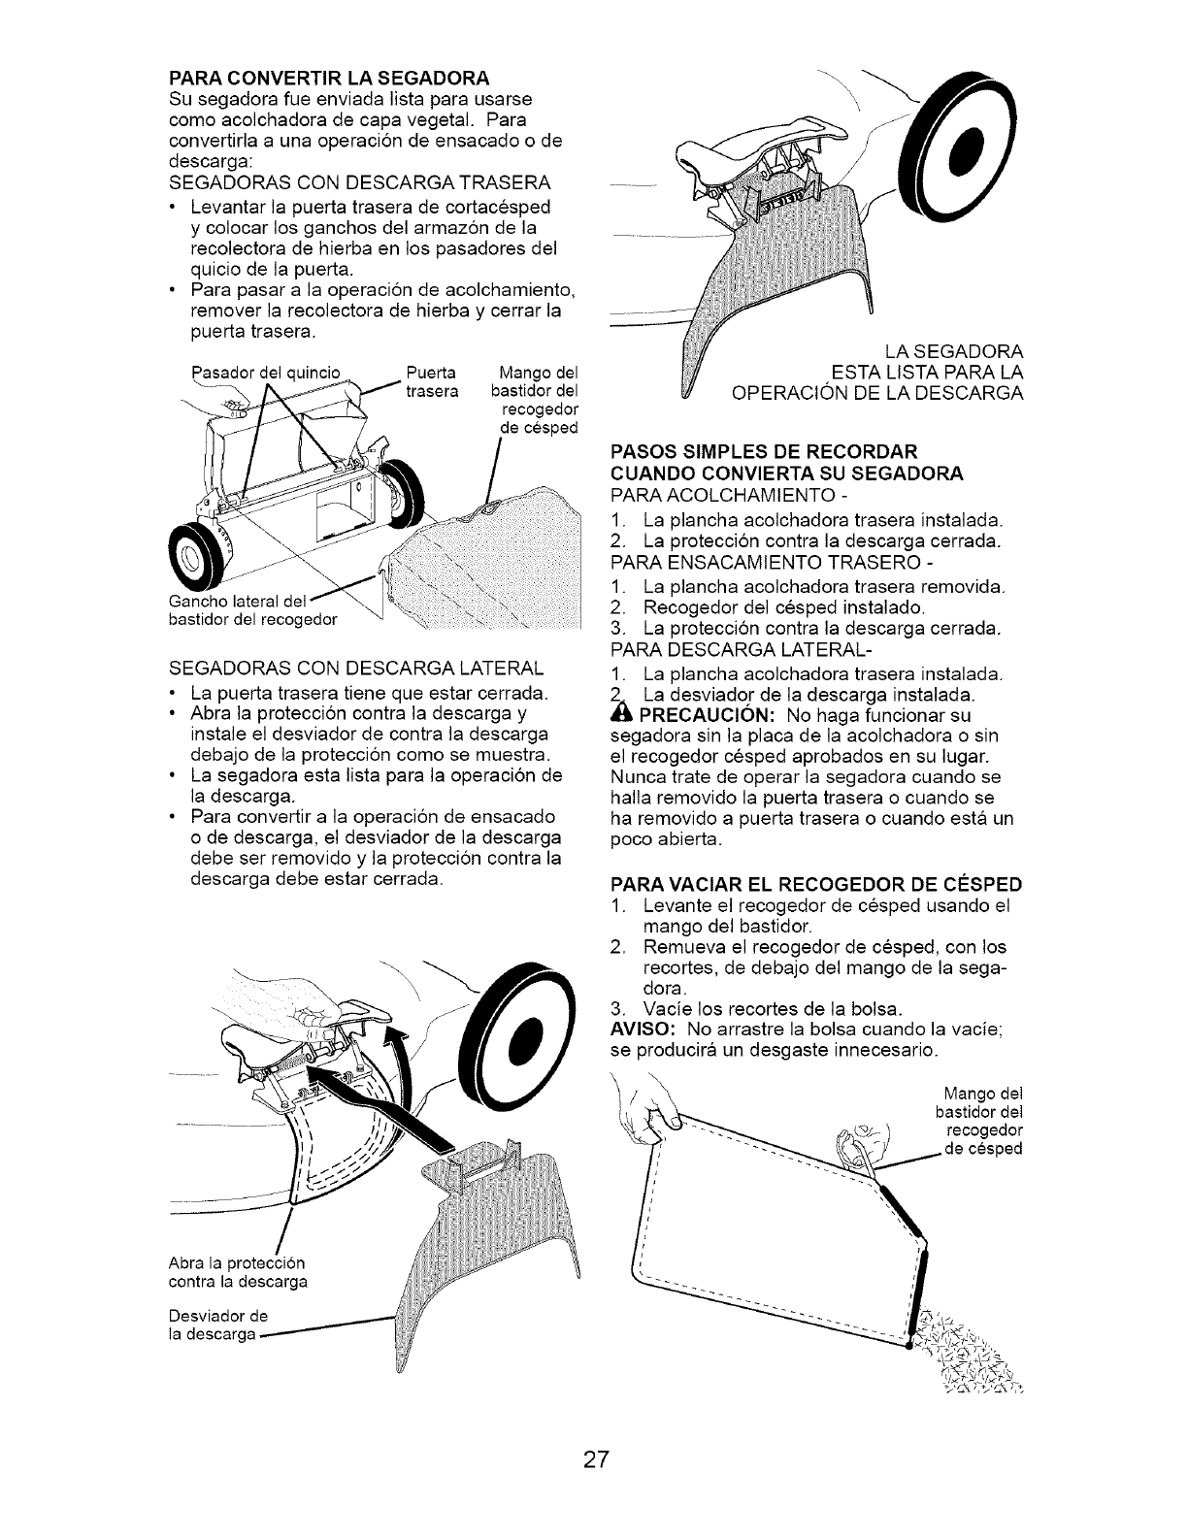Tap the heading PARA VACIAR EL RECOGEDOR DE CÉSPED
[816, 885]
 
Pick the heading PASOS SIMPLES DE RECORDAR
[763, 452]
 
